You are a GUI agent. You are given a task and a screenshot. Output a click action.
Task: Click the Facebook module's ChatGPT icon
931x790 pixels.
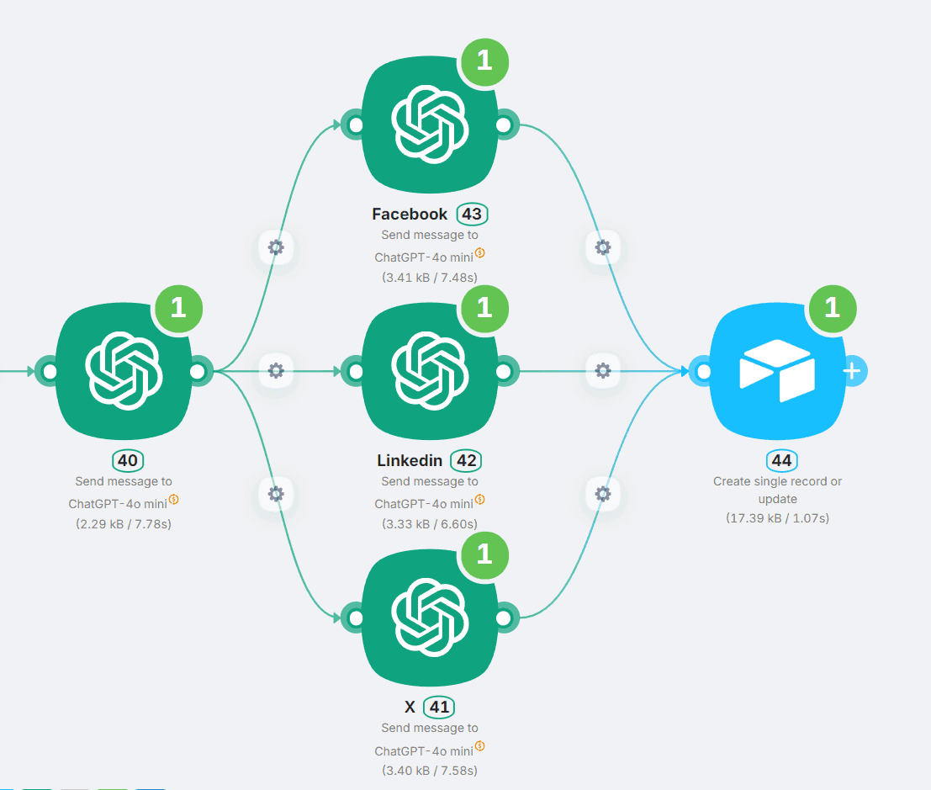coord(429,125)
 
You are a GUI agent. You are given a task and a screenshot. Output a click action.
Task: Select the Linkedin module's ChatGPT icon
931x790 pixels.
coord(429,371)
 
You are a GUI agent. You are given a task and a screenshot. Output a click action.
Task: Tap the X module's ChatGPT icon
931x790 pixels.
coord(429,618)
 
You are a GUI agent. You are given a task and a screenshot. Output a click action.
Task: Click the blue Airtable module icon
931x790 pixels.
coord(777,371)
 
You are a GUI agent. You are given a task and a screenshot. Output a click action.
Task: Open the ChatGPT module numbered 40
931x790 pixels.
coord(123,371)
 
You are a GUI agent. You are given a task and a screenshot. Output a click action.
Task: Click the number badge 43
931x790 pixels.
coord(472,214)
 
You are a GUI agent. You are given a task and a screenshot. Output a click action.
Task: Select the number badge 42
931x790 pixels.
coord(466,460)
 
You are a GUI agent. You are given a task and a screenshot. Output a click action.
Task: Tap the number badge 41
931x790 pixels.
coord(439,707)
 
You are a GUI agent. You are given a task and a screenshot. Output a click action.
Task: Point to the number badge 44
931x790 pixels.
coord(781,460)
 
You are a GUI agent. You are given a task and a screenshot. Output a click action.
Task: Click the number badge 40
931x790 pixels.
coord(127,460)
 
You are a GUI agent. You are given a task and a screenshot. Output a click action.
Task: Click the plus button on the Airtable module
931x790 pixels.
coord(852,371)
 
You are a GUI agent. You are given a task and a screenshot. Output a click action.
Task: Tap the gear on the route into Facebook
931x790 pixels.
coord(276,247)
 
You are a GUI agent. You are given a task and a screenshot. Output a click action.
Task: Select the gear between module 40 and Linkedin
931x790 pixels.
coord(276,370)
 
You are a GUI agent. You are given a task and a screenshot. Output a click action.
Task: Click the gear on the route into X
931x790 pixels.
coord(276,494)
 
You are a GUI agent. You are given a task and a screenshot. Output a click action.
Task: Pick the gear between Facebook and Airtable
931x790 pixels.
coord(602,247)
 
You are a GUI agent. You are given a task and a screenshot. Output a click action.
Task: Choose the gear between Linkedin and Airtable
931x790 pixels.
coord(602,370)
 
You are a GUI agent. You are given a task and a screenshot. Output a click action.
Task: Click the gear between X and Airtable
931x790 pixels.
coord(602,494)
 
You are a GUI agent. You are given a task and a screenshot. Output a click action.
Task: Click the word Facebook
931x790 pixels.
coord(410,214)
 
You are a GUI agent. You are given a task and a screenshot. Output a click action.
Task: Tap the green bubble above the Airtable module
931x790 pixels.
coord(832,308)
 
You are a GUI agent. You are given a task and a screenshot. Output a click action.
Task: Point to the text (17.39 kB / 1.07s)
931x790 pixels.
coord(777,518)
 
